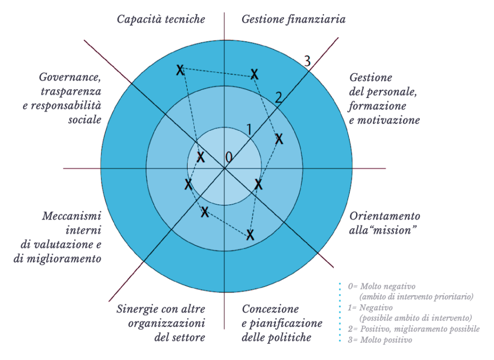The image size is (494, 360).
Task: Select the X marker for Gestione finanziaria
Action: (254, 74)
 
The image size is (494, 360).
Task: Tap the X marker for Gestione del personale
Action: (279, 139)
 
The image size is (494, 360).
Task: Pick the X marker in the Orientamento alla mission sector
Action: (259, 184)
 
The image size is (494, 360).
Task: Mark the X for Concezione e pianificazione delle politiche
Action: (250, 235)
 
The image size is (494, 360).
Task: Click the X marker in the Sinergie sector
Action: (205, 211)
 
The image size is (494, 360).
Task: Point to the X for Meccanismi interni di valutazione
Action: (188, 184)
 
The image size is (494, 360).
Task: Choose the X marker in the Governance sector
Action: (201, 157)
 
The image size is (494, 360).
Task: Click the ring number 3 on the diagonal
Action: (306, 61)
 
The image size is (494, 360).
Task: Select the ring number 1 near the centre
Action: (249, 129)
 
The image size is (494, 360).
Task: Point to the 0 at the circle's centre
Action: (229, 157)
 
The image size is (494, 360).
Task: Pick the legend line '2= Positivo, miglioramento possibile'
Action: (414, 329)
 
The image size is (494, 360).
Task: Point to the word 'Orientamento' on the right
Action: (384, 216)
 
